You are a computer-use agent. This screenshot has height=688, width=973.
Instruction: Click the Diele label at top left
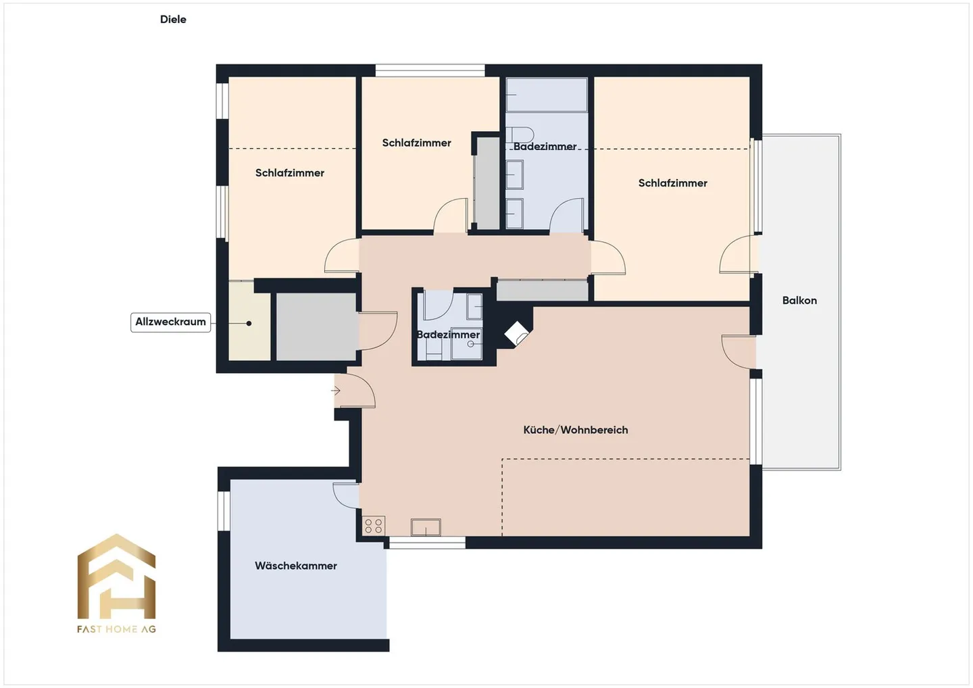point(173,20)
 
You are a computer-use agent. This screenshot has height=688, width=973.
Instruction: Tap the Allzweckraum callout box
point(171,322)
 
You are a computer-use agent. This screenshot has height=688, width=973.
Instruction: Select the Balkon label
point(799,301)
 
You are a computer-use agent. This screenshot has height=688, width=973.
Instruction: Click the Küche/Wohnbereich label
point(576,430)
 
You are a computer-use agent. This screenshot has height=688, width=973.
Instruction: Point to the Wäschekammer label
point(296,566)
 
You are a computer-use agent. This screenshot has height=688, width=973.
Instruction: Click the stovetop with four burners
point(374,526)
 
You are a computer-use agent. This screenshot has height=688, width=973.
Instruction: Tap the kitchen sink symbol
point(426,527)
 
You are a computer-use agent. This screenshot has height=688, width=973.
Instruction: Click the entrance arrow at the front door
point(336,391)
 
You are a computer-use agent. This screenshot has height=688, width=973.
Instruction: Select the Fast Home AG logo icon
point(116,576)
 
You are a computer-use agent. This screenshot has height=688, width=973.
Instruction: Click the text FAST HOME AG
point(116,629)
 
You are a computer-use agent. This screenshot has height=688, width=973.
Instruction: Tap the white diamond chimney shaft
point(516,334)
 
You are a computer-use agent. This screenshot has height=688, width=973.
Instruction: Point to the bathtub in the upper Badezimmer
point(547,95)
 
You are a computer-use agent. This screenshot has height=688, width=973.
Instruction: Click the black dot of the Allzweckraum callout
point(249,324)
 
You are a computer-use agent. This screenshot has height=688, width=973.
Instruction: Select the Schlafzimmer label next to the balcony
point(673,183)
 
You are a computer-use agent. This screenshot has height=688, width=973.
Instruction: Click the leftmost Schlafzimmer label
point(290,173)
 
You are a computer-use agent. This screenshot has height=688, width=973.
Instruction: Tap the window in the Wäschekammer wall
point(224,511)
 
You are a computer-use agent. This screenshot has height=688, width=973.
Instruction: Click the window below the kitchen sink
point(428,543)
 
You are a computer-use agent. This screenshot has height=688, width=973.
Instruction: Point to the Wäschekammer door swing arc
point(343,497)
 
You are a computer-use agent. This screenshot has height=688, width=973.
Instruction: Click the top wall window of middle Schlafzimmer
point(430,71)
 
